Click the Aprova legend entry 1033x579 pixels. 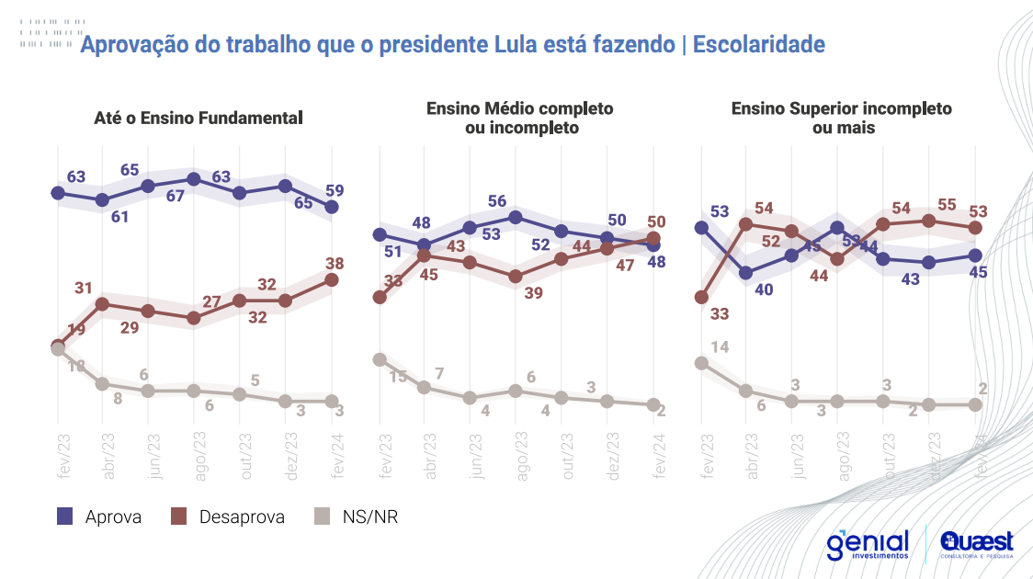coord(100,517)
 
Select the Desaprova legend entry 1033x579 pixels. coord(229,517)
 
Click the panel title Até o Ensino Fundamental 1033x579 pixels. coord(199,118)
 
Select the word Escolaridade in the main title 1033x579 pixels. coord(758,44)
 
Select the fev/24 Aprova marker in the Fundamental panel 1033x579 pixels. coord(332,207)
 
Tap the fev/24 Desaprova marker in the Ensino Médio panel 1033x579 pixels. coord(653,238)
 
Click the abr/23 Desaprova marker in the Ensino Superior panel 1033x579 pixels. coord(746,223)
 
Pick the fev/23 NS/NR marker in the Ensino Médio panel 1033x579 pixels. coord(379,359)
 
